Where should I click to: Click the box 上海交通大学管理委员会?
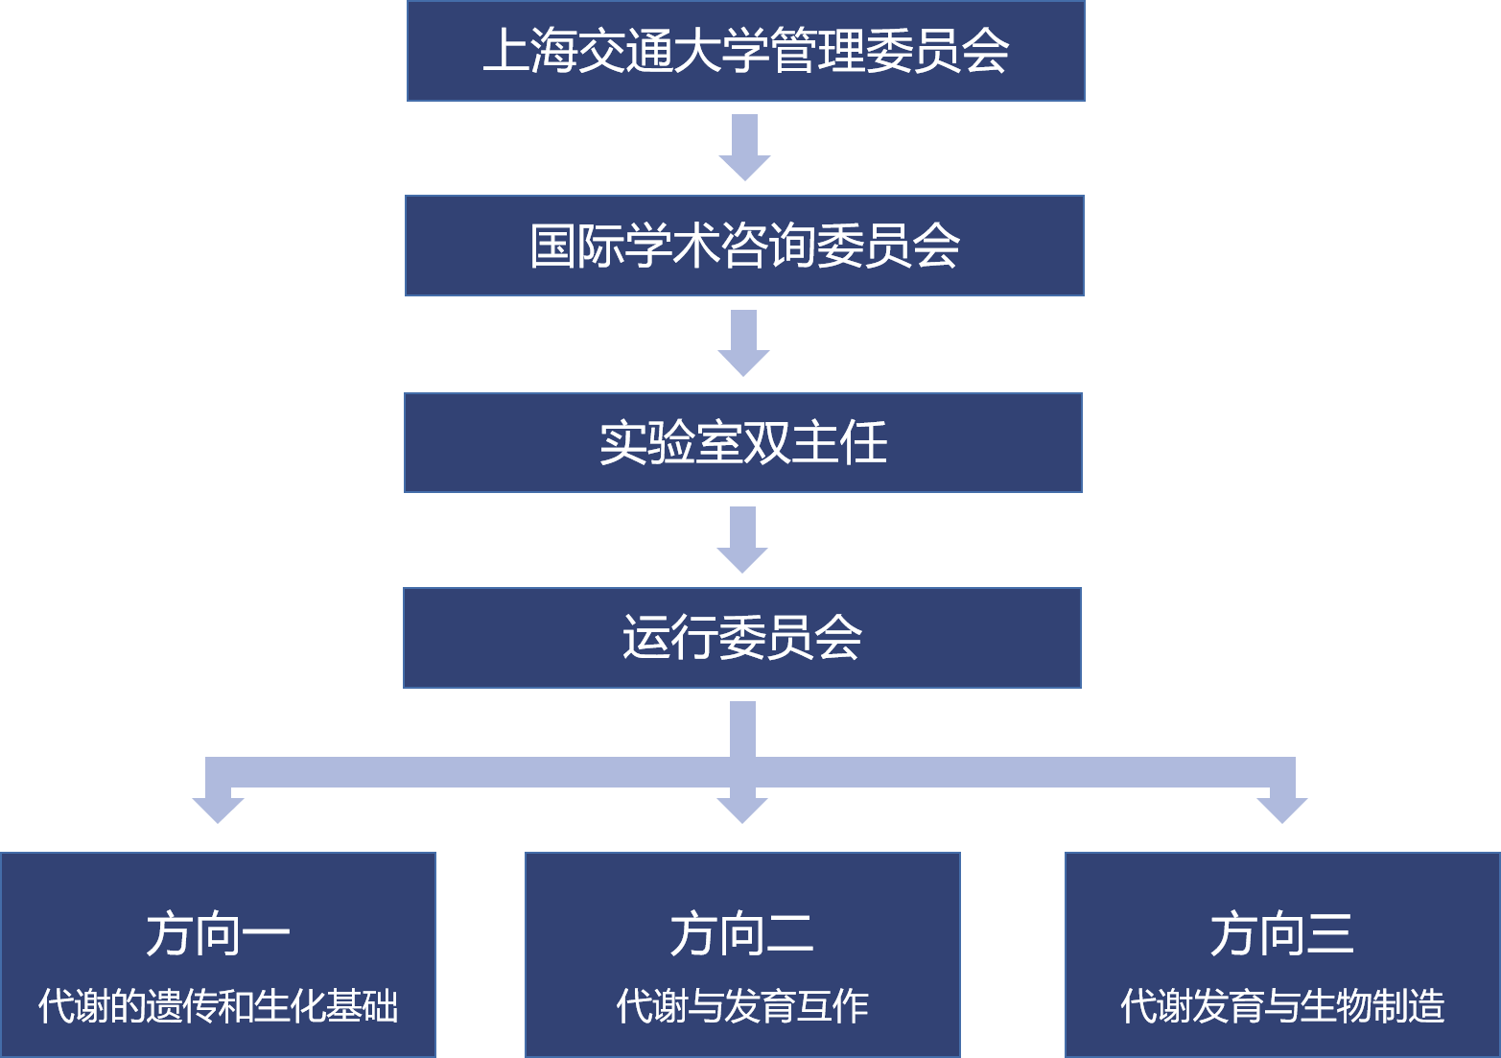745,51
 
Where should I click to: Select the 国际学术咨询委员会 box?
744,247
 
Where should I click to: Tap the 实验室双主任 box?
743,442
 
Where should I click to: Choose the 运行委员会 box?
742,638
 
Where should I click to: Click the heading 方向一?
218,934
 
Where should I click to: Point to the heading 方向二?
742,934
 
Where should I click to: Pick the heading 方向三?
1282,934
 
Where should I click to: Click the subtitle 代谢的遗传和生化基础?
218,1006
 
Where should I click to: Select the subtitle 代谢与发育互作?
742,1006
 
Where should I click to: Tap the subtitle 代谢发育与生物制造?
1282,1006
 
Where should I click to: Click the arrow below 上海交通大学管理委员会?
744,148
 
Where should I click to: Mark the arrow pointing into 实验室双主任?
743,343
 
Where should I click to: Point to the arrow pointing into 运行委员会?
742,539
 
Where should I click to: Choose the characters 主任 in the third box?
840,442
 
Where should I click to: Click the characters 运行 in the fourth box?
669,638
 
